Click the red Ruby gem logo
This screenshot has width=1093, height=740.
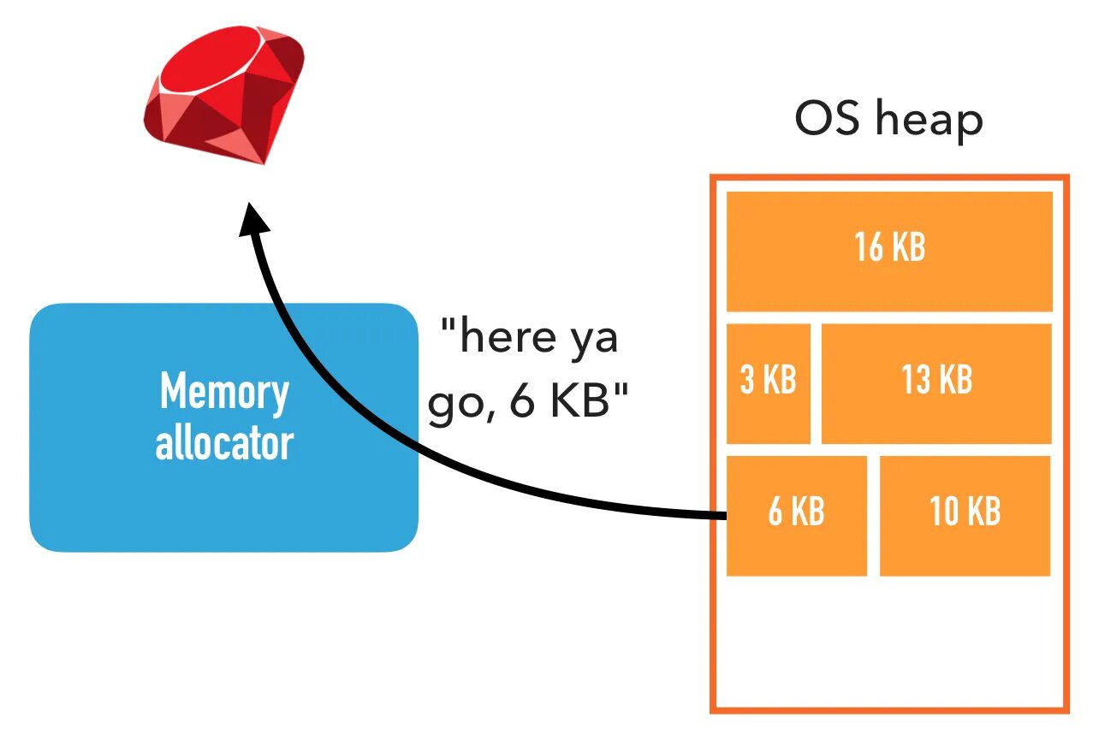[224, 94]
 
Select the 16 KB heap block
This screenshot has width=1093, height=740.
[889, 252]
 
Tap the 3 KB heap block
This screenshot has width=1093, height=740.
[769, 383]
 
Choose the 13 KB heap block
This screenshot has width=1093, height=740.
[936, 383]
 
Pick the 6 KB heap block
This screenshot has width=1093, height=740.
[796, 516]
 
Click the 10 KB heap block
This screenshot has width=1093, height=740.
[965, 516]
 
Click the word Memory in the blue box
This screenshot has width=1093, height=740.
[224, 392]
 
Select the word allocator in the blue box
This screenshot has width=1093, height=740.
[224, 443]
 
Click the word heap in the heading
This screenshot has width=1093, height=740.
[929, 121]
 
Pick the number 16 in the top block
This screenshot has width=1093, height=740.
[869, 247]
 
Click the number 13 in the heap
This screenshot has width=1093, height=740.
[914, 380]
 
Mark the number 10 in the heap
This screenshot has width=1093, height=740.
[944, 512]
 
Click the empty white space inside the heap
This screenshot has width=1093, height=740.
[889, 642]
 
